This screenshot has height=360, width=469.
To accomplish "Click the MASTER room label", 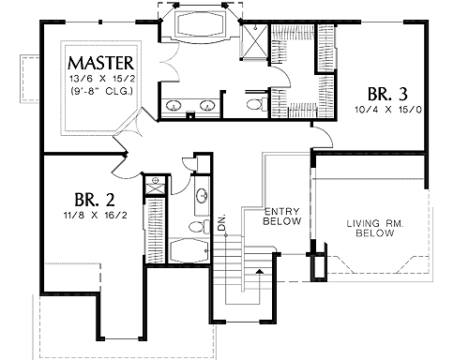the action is [x=101, y=63].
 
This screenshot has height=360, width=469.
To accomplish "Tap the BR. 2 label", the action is [x=95, y=200].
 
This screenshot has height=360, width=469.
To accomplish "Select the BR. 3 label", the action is [x=387, y=94].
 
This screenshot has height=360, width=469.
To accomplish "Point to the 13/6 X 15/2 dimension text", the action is [x=102, y=79].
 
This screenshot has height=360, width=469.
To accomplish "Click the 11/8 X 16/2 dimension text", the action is [x=95, y=216].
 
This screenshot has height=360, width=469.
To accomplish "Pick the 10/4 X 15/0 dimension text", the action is [x=388, y=110].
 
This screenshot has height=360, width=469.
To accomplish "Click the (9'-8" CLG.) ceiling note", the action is [x=101, y=91].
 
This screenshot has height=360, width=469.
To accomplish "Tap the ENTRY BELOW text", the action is [x=282, y=217].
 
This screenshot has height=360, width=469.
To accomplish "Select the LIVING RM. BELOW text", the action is [x=375, y=228].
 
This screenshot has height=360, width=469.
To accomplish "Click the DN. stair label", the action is [x=221, y=223].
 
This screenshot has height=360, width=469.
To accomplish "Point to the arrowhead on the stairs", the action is [x=259, y=271].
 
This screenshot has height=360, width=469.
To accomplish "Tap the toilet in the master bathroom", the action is [x=257, y=104].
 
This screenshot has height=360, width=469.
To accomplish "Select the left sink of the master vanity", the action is [x=173, y=105].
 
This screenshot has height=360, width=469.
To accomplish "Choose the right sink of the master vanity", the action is [x=206, y=105].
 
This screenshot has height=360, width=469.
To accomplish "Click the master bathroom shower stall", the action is [x=256, y=40].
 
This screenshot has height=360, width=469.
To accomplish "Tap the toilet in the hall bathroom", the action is [x=200, y=226].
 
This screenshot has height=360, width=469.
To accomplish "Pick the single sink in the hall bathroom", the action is [x=203, y=196].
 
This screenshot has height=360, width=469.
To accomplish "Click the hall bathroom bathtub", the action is [x=189, y=250].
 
